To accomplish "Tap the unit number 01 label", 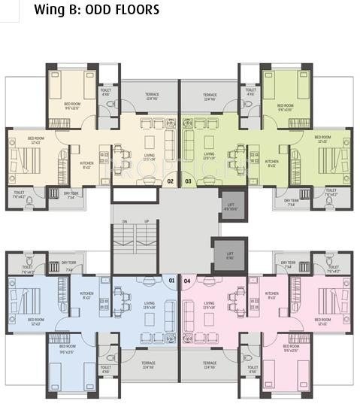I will click(x=172, y=281).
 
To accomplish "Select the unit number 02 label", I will click(x=170, y=181).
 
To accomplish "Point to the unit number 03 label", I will click(x=188, y=181).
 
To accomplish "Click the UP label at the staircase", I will click(x=147, y=220).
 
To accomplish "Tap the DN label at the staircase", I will click(x=125, y=220).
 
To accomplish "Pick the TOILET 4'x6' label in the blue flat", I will click(x=106, y=369).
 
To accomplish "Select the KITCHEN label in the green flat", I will click(x=271, y=163).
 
